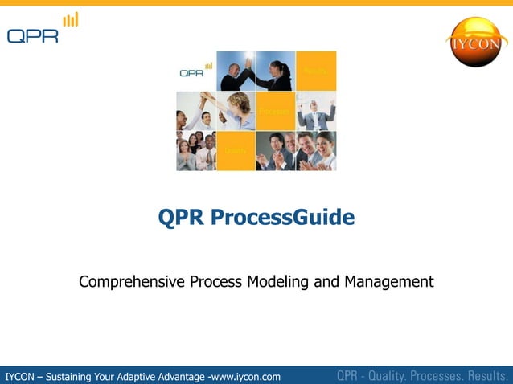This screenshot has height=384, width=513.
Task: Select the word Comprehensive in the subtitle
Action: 133,282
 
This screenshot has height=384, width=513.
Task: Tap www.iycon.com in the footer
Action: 245,376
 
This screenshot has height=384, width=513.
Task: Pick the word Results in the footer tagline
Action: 484,375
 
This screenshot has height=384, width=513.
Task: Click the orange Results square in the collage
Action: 316,71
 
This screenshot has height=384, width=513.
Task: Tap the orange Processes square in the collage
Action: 275,111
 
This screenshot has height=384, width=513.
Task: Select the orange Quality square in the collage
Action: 236,150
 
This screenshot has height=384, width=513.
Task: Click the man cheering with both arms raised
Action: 316,111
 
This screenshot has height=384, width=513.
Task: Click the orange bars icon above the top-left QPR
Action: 71,19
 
